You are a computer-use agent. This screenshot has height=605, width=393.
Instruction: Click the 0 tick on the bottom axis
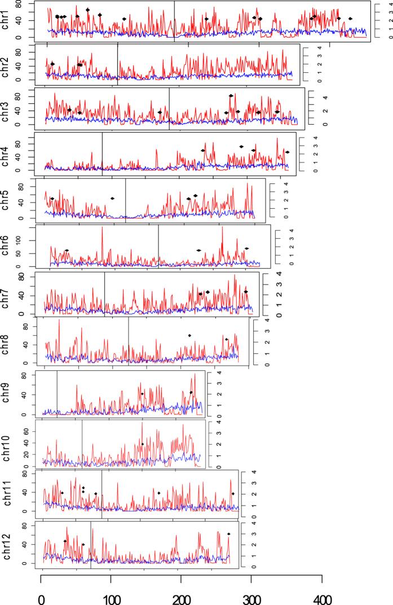(x=41, y=594)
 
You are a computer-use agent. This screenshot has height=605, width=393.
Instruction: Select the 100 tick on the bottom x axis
(x=111, y=594)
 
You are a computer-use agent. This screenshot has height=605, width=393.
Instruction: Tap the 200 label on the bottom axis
(x=181, y=594)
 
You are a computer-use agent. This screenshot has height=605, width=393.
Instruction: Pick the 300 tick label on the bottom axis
(x=251, y=594)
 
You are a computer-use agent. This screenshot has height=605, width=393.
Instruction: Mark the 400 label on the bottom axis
(x=321, y=594)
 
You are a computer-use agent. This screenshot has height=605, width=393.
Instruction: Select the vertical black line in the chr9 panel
(x=57, y=394)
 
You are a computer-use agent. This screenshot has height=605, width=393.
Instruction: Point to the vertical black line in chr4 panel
(x=102, y=154)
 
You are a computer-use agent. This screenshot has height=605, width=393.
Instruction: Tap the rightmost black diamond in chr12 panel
(x=229, y=534)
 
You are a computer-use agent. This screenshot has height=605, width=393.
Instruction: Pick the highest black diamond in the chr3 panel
(x=231, y=96)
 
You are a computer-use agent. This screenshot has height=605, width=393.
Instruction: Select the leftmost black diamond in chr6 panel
(x=67, y=250)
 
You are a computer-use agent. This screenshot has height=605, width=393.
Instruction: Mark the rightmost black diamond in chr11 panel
(x=233, y=493)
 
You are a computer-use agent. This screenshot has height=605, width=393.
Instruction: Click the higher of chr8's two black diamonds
(x=189, y=335)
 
